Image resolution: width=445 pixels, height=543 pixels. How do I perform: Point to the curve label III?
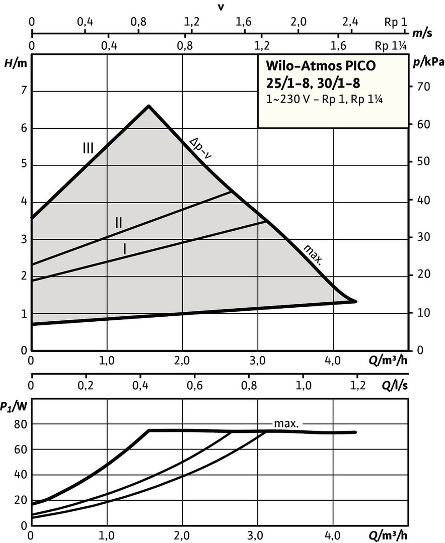(x=88, y=148)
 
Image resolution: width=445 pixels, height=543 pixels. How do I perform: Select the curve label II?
(x=118, y=222)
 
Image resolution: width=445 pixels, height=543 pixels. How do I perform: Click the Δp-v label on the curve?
(x=201, y=148)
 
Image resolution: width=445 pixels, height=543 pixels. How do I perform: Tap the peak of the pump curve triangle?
(x=149, y=106)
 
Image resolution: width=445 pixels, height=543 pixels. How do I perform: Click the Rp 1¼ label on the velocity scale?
(x=390, y=46)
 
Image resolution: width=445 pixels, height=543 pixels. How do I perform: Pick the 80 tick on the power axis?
(x=20, y=424)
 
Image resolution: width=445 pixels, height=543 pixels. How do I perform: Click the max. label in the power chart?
(x=286, y=424)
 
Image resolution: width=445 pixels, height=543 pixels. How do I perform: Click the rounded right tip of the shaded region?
(x=355, y=301)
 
